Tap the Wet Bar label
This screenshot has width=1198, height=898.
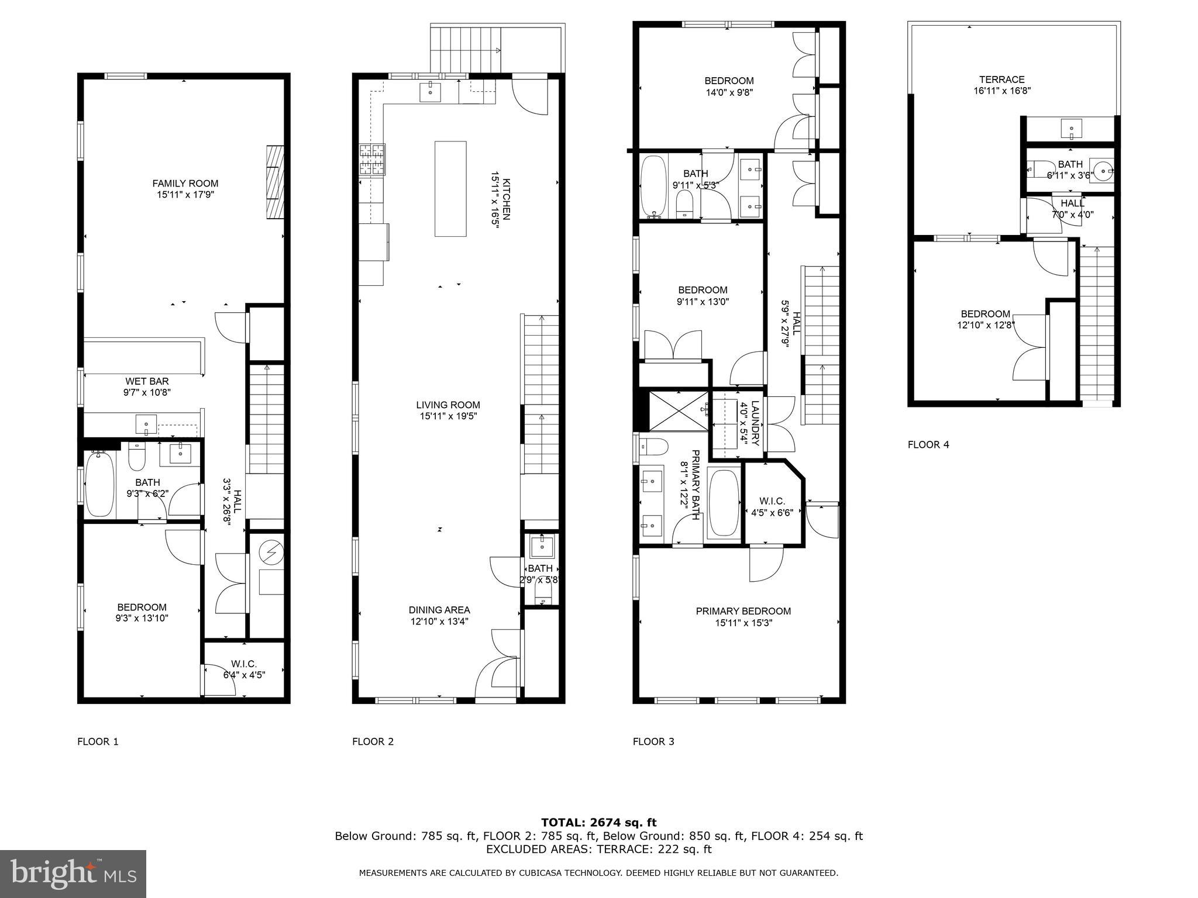[x=147, y=381]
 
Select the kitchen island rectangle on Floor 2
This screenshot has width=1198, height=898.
[x=450, y=188]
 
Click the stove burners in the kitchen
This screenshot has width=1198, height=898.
[x=373, y=159]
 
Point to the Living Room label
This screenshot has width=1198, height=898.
[x=447, y=405]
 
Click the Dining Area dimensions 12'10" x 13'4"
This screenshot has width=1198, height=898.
[x=439, y=621]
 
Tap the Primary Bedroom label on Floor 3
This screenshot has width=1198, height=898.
[x=743, y=611]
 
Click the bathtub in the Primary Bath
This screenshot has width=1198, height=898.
[x=724, y=503]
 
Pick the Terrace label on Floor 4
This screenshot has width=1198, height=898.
[x=1001, y=80]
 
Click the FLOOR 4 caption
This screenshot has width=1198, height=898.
[x=928, y=444]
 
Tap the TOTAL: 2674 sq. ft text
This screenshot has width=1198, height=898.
[x=598, y=823]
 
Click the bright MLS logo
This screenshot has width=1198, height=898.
[x=73, y=873]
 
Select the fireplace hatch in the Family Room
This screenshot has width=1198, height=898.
[x=275, y=182]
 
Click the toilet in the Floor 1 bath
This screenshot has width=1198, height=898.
[x=136, y=457]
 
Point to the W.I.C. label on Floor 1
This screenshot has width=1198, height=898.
[x=243, y=664]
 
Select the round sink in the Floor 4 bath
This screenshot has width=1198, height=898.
[x=1103, y=171]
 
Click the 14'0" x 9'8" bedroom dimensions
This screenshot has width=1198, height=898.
[x=728, y=92]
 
